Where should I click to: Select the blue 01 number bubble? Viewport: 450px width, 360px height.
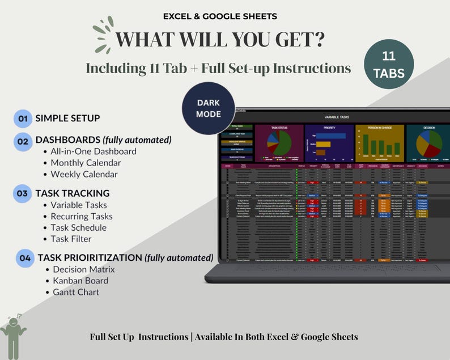coord(23,118)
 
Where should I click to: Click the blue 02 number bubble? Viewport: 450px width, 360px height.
coord(23,141)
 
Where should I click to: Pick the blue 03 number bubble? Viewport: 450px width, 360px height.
coord(23,194)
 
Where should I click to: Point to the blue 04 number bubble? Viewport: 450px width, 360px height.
coord(25,258)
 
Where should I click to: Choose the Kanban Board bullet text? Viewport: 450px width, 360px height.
coord(80,281)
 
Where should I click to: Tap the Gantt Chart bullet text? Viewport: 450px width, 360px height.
coord(76,292)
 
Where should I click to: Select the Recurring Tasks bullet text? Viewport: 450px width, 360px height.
coord(82,216)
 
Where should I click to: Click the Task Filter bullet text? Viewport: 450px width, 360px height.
coord(71,239)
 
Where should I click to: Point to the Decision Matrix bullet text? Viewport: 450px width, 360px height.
coord(84,269)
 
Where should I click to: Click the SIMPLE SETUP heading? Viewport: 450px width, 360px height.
coord(67,118)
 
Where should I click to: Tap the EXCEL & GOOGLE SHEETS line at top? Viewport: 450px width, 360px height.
coord(224,16)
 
